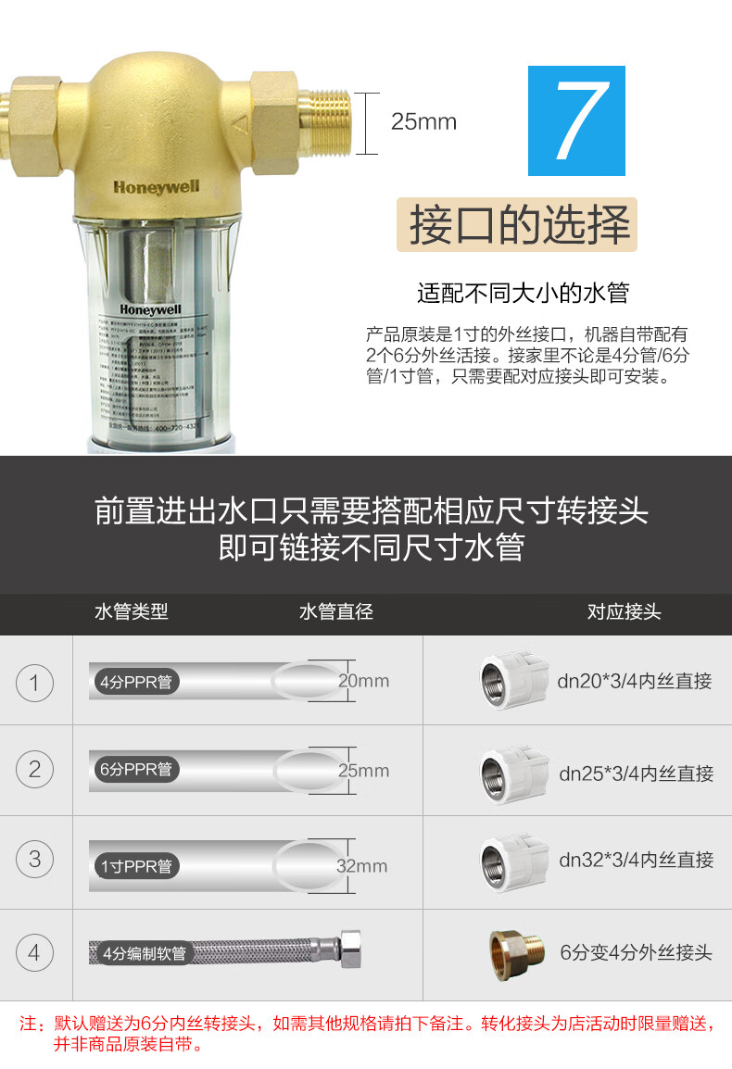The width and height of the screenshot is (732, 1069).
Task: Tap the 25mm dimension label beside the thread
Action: (x=423, y=121)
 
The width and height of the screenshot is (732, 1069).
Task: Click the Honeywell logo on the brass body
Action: (x=156, y=186)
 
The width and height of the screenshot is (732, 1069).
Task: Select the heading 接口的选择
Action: (x=518, y=225)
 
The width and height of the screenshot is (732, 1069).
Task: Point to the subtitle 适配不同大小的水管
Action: (x=523, y=294)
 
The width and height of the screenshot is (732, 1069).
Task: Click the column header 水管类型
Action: (x=132, y=611)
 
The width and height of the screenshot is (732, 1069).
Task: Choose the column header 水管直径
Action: (x=335, y=611)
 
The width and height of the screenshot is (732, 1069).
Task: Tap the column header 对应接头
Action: (x=625, y=611)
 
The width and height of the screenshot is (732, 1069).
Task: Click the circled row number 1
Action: (x=35, y=684)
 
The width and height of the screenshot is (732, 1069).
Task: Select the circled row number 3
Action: (x=35, y=859)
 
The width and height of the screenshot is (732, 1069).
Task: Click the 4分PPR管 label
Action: (x=136, y=683)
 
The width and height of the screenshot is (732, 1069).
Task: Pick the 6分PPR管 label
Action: (x=136, y=770)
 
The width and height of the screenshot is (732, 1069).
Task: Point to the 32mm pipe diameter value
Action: (x=361, y=866)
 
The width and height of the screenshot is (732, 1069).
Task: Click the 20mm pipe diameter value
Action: (x=363, y=681)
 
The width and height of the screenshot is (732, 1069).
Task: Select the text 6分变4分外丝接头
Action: (x=637, y=951)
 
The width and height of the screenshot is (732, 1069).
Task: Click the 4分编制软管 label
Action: (x=144, y=952)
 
